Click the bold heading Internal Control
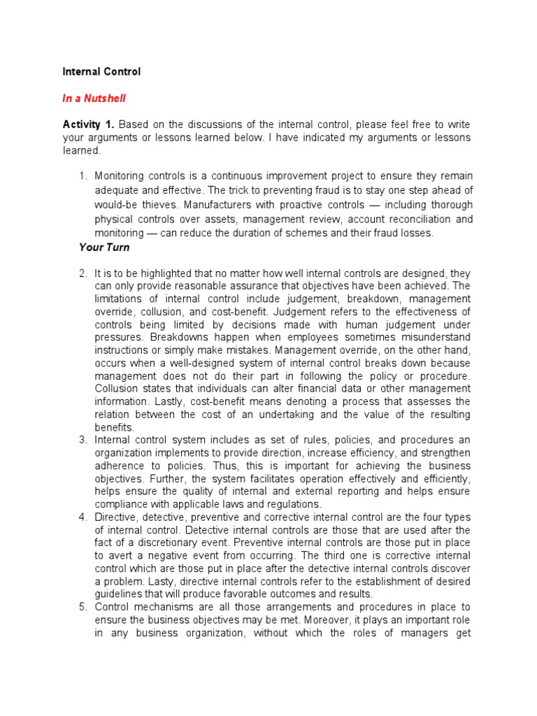pos(101,71)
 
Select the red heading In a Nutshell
pos(94,99)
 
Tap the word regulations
pos(289,504)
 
